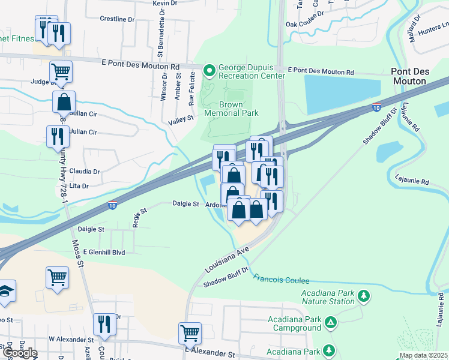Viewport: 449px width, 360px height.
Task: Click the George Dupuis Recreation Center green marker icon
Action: pyautogui.click(x=209, y=72)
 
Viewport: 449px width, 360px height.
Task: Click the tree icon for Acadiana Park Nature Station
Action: pyautogui.click(x=363, y=295)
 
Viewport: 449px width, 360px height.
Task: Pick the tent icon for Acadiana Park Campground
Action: pyautogui.click(x=330, y=323)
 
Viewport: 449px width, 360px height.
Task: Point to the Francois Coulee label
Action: pyautogui.click(x=281, y=280)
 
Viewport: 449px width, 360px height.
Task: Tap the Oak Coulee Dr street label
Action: pyautogui.click(x=304, y=25)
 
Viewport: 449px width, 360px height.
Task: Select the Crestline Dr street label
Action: pyautogui.click(x=117, y=19)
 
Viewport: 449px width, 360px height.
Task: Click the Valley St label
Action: pyautogui.click(x=181, y=119)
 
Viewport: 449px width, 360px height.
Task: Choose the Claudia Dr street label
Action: pyautogui.click(x=84, y=171)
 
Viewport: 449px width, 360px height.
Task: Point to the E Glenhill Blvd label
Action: pyautogui.click(x=104, y=253)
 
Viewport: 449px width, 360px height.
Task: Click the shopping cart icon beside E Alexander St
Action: pyautogui.click(x=190, y=332)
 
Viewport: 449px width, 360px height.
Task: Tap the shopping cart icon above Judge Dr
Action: pyautogui.click(x=61, y=71)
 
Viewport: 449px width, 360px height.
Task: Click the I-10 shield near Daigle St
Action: pyautogui.click(x=112, y=206)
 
